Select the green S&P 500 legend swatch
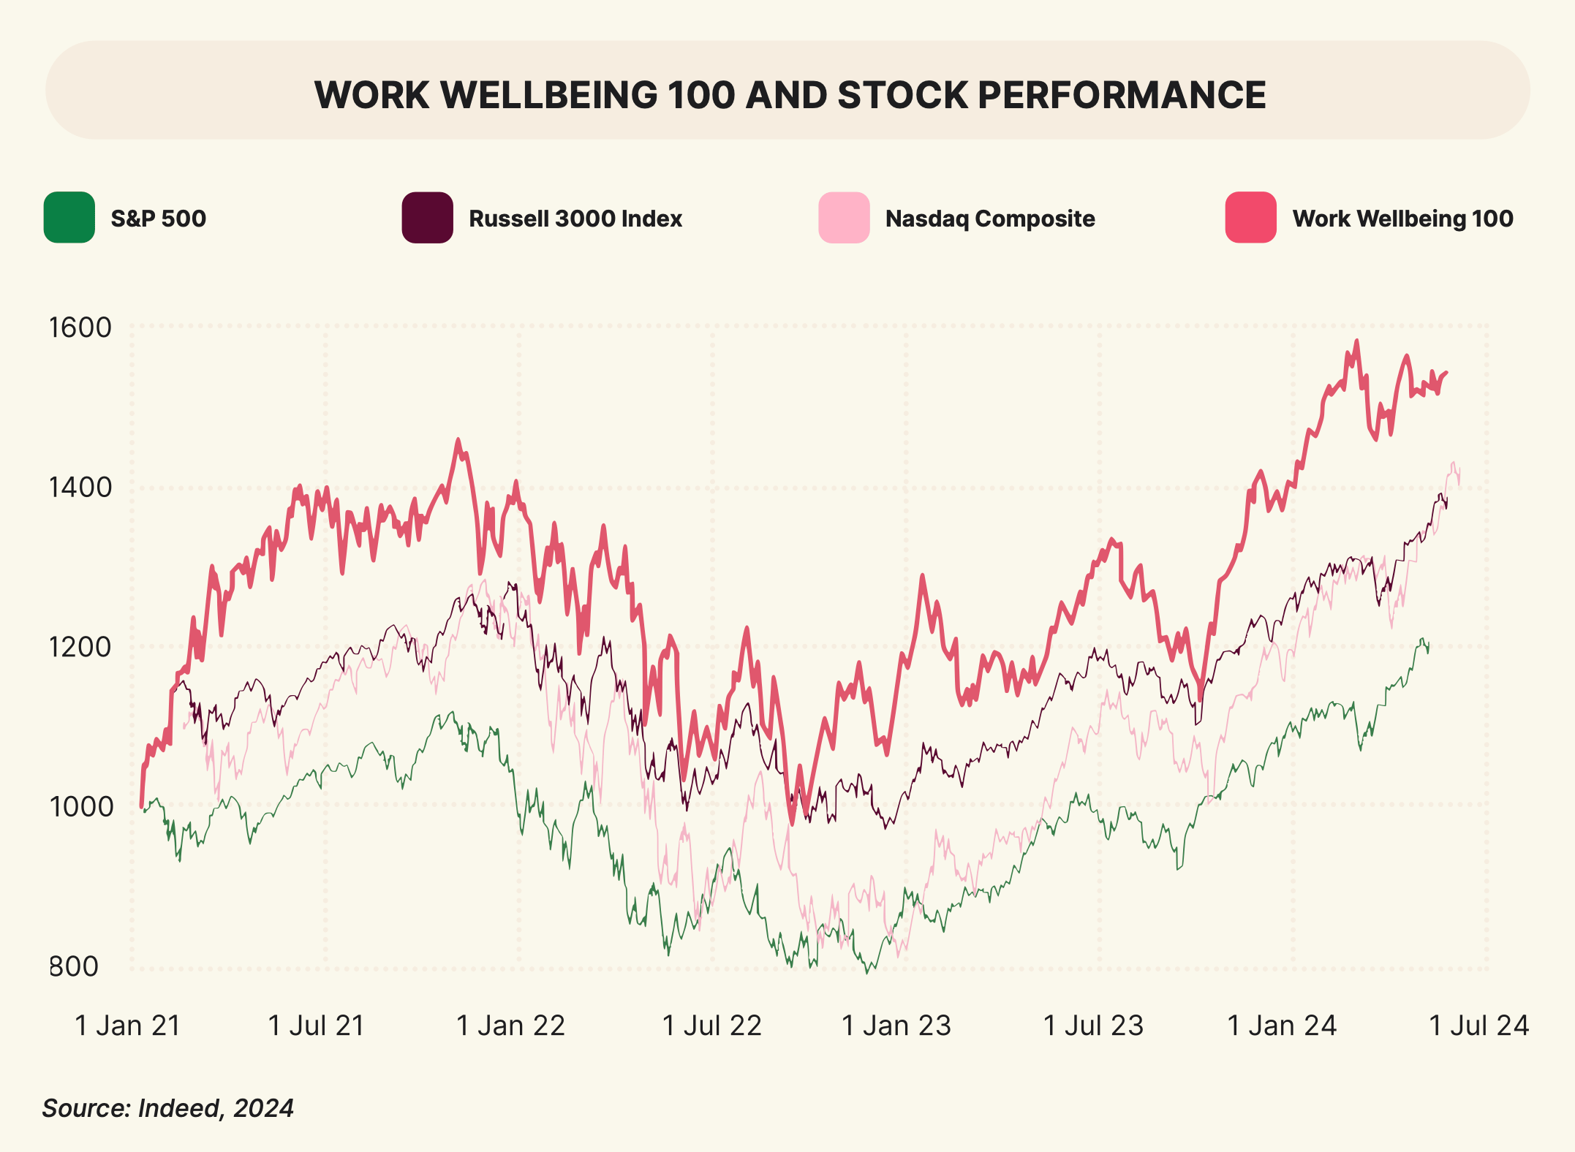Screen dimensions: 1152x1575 click(x=69, y=218)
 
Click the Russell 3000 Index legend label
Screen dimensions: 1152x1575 click(x=575, y=219)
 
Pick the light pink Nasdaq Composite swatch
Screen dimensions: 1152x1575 click(x=844, y=218)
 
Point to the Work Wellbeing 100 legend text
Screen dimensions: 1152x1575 click(x=1402, y=219)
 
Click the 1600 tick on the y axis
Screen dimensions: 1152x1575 click(x=80, y=327)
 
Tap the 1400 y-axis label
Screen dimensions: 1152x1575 click(x=80, y=487)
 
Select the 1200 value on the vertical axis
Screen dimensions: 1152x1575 click(x=80, y=647)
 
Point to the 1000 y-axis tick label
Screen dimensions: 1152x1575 click(x=80, y=806)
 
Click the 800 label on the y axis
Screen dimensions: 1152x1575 click(x=74, y=966)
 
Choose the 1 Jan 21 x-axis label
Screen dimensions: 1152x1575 click(x=128, y=1026)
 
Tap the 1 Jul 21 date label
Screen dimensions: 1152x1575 click(x=317, y=1026)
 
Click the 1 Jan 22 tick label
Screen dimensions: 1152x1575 click(x=510, y=1026)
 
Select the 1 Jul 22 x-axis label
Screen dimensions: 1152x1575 click(x=711, y=1026)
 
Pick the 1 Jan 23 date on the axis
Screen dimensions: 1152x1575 click(x=896, y=1026)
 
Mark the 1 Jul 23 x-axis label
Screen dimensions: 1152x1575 click(x=1093, y=1026)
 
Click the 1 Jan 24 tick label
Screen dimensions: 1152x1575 click(x=1282, y=1026)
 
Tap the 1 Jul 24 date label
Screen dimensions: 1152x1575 click(x=1478, y=1026)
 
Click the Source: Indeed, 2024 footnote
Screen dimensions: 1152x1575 click(x=168, y=1108)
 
